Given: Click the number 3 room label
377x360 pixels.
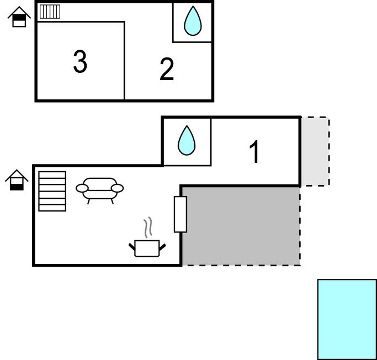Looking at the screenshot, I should pos(80,61).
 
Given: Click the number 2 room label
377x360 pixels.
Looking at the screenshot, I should pos(167,70).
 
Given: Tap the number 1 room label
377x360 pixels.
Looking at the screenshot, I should pos(254,152).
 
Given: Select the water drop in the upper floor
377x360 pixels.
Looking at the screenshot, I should pos(192,21).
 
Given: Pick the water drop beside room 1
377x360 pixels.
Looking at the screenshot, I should pos(187,141).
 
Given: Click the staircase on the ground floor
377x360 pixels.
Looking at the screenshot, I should pos(52,191).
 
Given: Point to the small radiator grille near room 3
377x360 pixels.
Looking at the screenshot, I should pos(50,12).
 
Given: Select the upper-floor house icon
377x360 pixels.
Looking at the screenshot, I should pos(19,17).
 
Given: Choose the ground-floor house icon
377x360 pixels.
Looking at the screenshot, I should pos(17,180).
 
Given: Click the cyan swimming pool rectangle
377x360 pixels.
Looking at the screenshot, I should pos(347,319).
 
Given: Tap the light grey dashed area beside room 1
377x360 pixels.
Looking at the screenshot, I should pos(315,151).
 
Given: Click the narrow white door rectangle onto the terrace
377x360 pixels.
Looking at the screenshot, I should pos(180,214).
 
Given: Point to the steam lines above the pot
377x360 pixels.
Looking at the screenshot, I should pos(147,227).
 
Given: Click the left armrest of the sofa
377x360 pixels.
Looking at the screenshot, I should pos(82,189).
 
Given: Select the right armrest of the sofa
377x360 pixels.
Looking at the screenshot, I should pos(118,188).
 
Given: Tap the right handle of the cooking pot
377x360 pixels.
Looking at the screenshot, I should pos(162,245).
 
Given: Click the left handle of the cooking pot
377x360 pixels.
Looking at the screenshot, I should pos(132,246).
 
